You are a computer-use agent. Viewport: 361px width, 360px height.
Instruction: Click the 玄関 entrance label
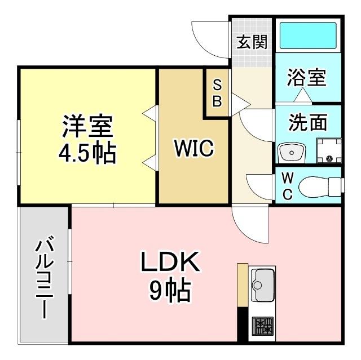tap(252, 42)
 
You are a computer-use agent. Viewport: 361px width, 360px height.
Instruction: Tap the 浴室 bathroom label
tap(307, 78)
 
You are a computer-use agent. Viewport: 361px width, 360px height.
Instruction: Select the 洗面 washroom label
tap(308, 122)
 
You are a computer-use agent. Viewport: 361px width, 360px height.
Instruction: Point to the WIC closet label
tap(193, 149)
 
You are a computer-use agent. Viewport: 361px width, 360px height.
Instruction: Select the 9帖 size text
tap(169, 291)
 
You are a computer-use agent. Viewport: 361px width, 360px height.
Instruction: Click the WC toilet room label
tap(287, 186)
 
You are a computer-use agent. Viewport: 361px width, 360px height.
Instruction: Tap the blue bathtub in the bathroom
tap(308, 35)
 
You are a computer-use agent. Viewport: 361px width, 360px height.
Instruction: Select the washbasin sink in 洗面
tap(291, 152)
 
